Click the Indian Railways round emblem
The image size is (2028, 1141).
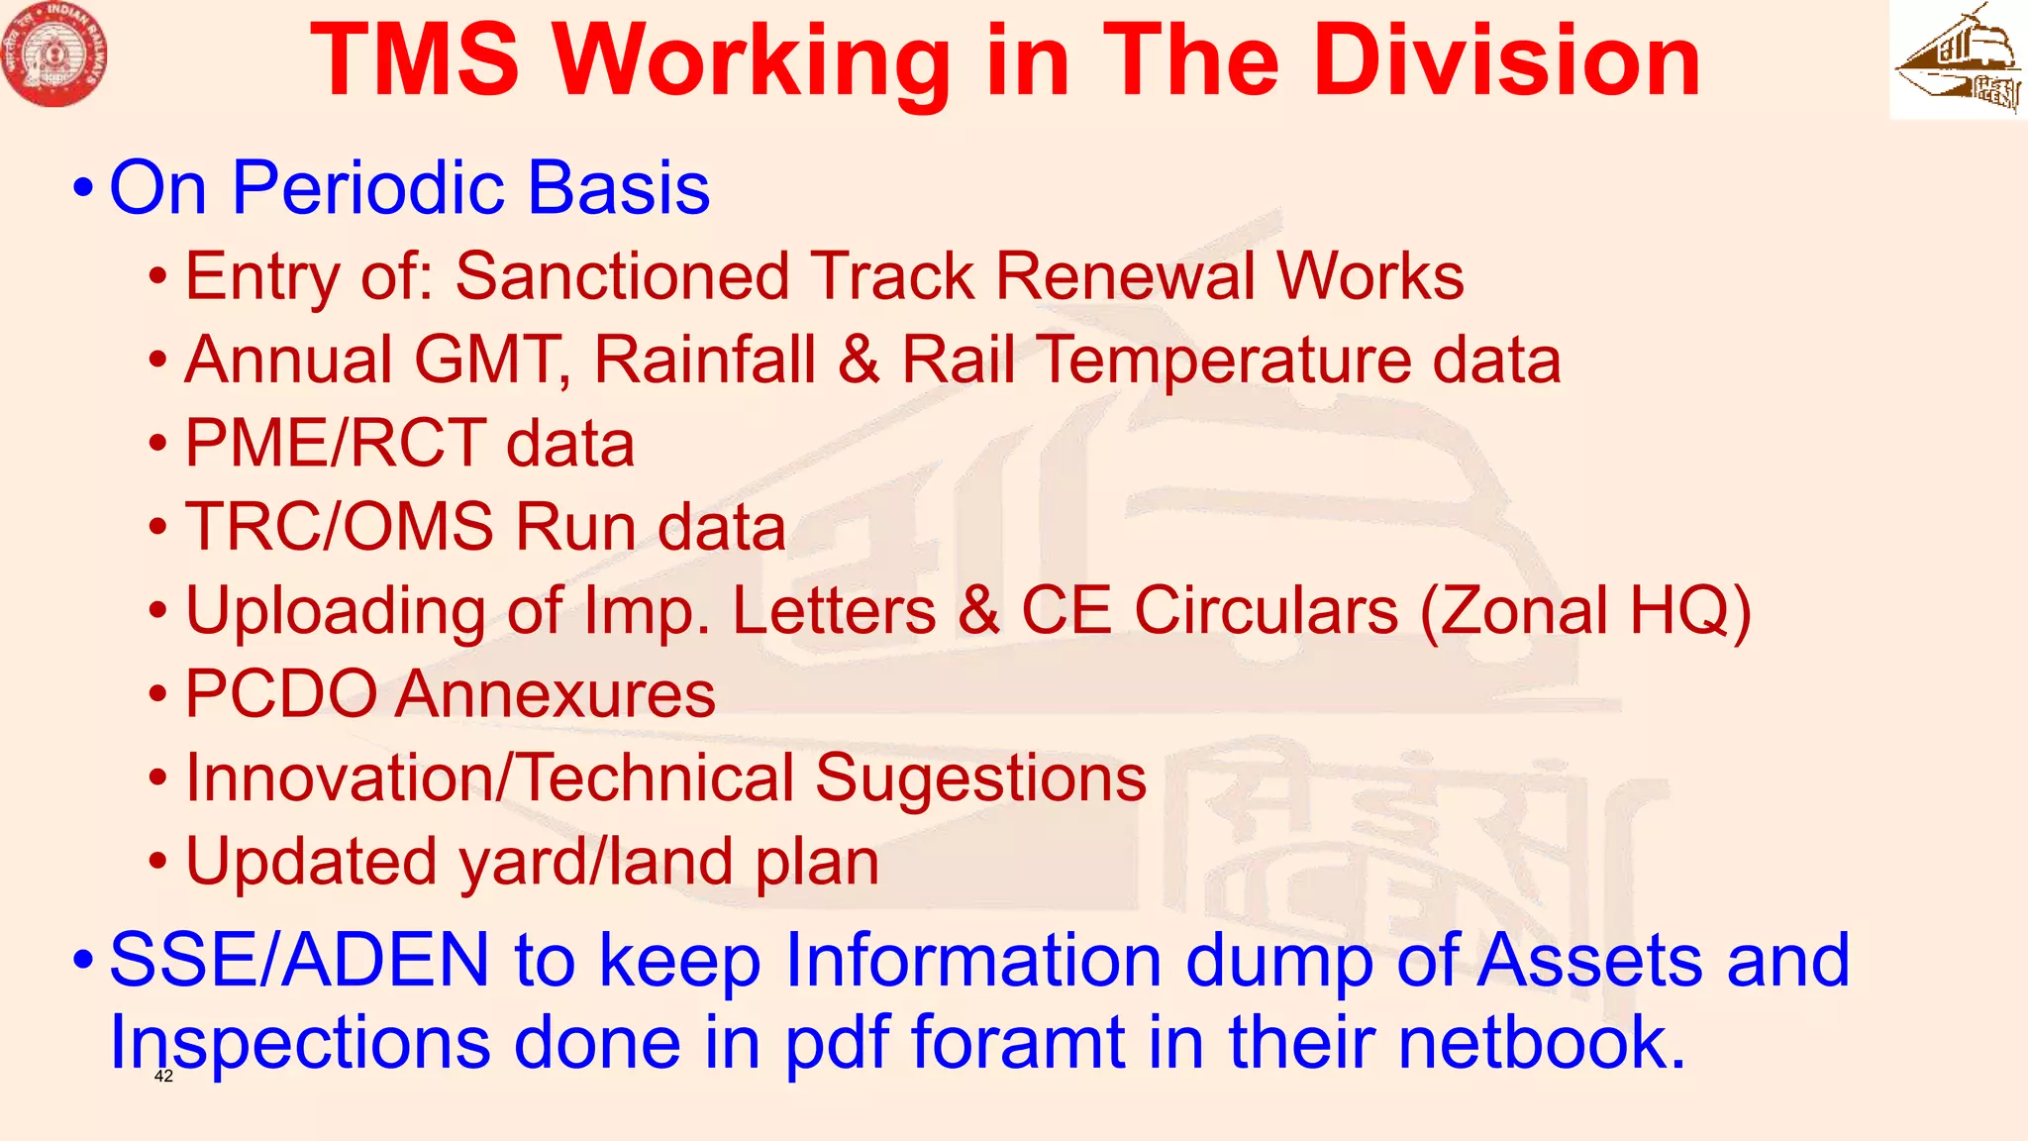(x=54, y=54)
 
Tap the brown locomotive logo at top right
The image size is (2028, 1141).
(x=1958, y=59)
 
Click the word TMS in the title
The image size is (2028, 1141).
(x=415, y=61)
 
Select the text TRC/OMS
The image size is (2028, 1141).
(x=340, y=526)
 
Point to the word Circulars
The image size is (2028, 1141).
(x=1265, y=610)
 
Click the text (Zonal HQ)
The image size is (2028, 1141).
(x=1585, y=610)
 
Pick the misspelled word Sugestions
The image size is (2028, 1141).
(x=980, y=778)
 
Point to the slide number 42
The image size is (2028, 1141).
(x=164, y=1077)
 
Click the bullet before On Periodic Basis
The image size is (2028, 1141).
(x=84, y=187)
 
